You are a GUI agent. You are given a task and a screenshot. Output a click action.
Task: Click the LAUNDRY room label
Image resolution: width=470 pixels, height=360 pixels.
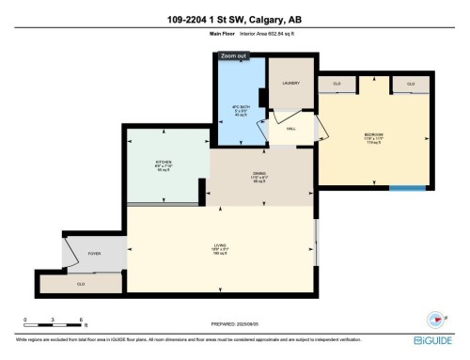point(290,84)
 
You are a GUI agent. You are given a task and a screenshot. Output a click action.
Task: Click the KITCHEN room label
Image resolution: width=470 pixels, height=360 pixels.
point(164,164)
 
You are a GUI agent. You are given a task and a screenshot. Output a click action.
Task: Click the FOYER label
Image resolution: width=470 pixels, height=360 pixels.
point(94,253)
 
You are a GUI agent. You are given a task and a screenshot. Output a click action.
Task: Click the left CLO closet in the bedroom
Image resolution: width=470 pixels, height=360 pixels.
point(337,85)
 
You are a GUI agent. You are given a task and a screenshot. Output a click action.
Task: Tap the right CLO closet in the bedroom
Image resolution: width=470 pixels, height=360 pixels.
point(411,85)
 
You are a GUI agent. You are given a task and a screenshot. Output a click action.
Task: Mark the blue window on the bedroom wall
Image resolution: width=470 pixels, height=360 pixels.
point(406,188)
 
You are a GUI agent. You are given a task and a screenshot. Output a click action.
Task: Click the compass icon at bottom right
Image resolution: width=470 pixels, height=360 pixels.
point(435,318)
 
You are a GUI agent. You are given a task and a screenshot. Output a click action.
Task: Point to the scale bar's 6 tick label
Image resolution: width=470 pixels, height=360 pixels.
point(82,321)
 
